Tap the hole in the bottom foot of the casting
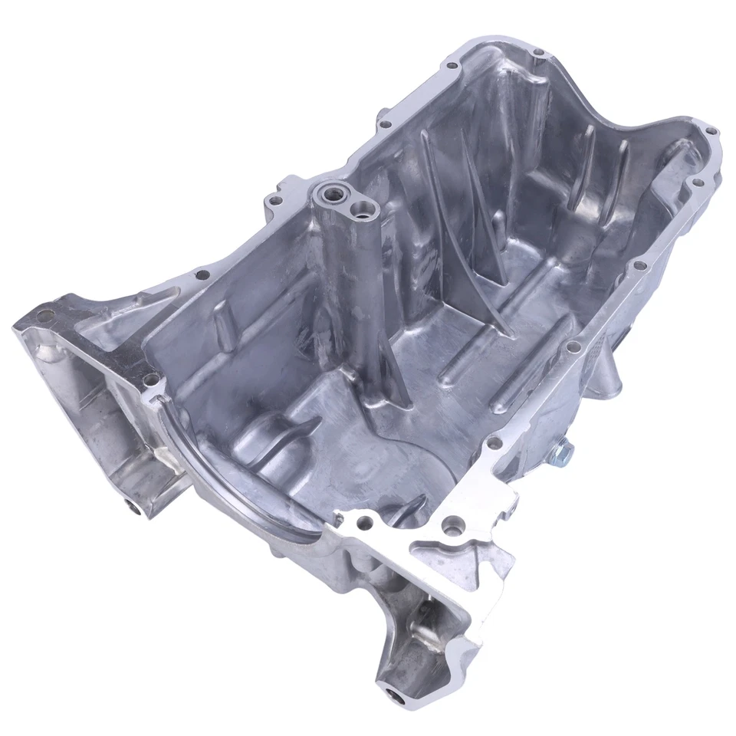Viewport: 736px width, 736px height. (x=396, y=696)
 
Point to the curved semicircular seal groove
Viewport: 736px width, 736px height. (x=222, y=491)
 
